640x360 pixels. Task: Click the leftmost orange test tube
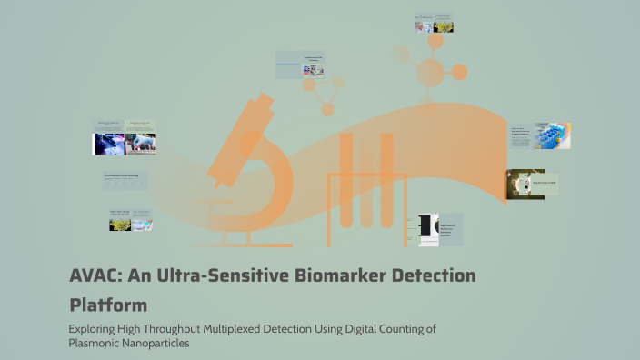345,182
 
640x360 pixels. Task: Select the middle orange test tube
365,182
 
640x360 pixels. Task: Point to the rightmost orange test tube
386,182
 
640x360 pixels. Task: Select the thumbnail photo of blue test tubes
552,136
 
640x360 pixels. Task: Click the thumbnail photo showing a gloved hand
108,143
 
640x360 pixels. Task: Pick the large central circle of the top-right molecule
430,73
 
